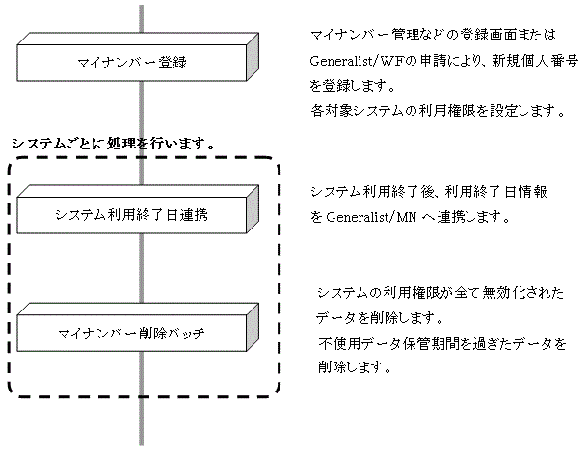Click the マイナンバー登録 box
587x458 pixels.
(x=131, y=64)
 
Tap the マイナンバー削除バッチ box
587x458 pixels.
(x=131, y=335)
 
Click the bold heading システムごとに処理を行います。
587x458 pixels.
(x=112, y=143)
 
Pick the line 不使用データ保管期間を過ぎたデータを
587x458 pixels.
(x=440, y=343)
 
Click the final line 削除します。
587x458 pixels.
(x=353, y=368)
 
